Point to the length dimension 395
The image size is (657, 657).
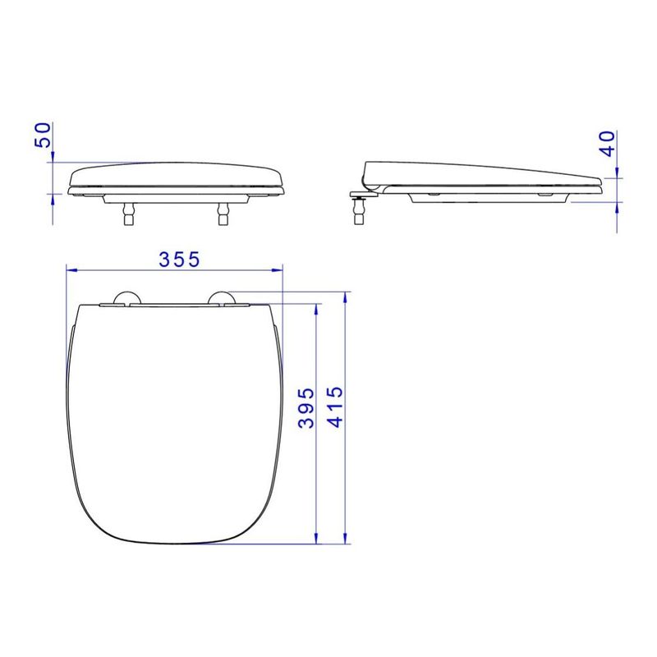point(306,408)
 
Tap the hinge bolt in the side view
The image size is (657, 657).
point(359,209)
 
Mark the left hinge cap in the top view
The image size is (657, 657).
point(126,298)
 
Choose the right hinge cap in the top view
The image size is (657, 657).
point(223,298)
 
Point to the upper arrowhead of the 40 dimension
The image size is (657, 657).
point(618,170)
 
